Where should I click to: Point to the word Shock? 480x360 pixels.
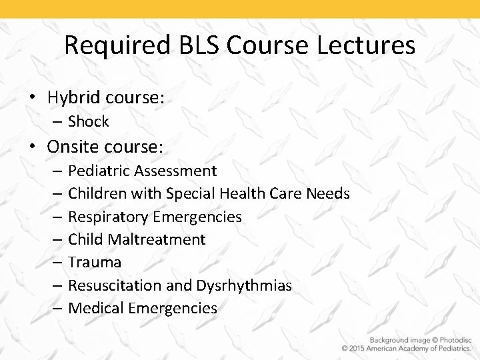[88, 121]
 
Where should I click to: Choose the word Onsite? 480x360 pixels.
[74, 146]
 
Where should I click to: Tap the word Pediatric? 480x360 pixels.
[99, 171]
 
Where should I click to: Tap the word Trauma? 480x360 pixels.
[95, 262]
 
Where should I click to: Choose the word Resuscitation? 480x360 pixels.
[115, 285]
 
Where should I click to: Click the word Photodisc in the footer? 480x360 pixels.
[452, 338]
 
